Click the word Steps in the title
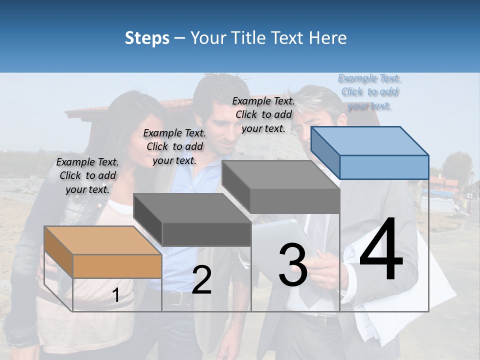tap(147, 38)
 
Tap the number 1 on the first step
tap(115, 295)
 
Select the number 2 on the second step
tap(201, 280)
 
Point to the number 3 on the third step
tap(292, 264)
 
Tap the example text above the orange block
tap(87, 175)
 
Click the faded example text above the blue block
tap(369, 91)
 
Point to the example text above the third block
tap(263, 114)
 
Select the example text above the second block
tap(174, 146)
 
